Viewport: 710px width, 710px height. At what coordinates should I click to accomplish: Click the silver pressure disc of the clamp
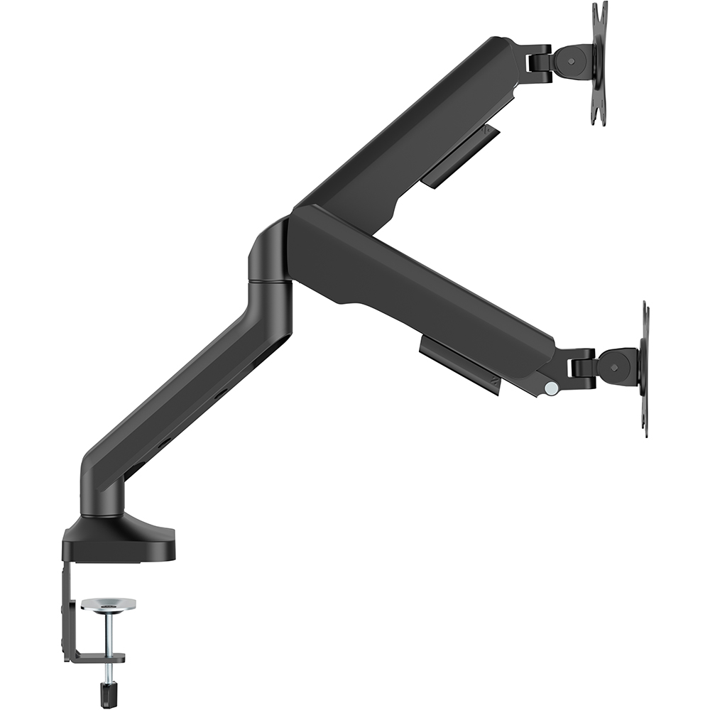coord(108,604)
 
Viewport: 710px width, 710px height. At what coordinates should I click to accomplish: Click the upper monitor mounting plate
coord(599,64)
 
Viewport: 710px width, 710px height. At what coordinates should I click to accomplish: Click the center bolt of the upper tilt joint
coord(572,61)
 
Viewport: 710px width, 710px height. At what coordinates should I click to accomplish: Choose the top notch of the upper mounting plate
coord(599,7)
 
